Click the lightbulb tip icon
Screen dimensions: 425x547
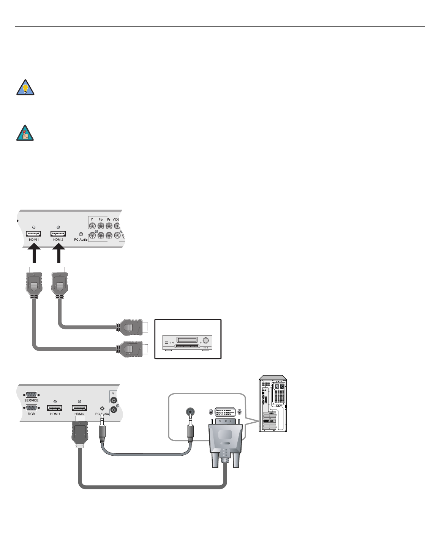(x=26, y=88)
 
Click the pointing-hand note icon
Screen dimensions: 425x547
(x=26, y=133)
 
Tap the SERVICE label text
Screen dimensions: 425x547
(x=32, y=400)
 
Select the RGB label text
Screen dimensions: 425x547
(x=32, y=414)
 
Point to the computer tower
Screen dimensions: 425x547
(x=273, y=403)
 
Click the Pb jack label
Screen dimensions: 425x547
(x=101, y=219)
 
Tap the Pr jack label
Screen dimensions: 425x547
(x=109, y=219)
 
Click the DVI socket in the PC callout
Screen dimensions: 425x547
(x=225, y=412)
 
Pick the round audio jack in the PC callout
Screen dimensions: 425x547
(x=190, y=412)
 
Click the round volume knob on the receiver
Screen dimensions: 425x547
(x=206, y=340)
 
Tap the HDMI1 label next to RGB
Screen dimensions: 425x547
(x=55, y=414)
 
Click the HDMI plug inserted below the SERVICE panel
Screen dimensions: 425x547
(x=80, y=433)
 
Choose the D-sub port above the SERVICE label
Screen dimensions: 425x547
(x=32, y=394)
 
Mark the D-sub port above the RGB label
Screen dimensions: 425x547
(x=32, y=408)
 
